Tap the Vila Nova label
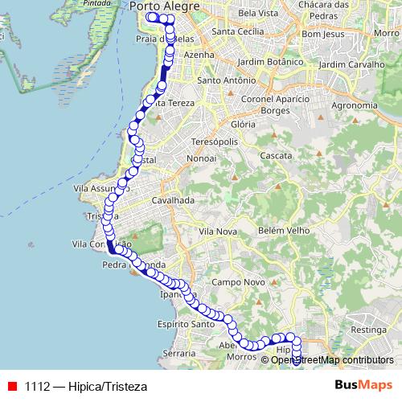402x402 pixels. (216, 231)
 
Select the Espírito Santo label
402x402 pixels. (186, 325)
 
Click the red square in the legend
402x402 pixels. (12, 385)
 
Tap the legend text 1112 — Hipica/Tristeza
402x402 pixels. (86, 385)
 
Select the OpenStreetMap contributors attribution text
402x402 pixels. (332, 359)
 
